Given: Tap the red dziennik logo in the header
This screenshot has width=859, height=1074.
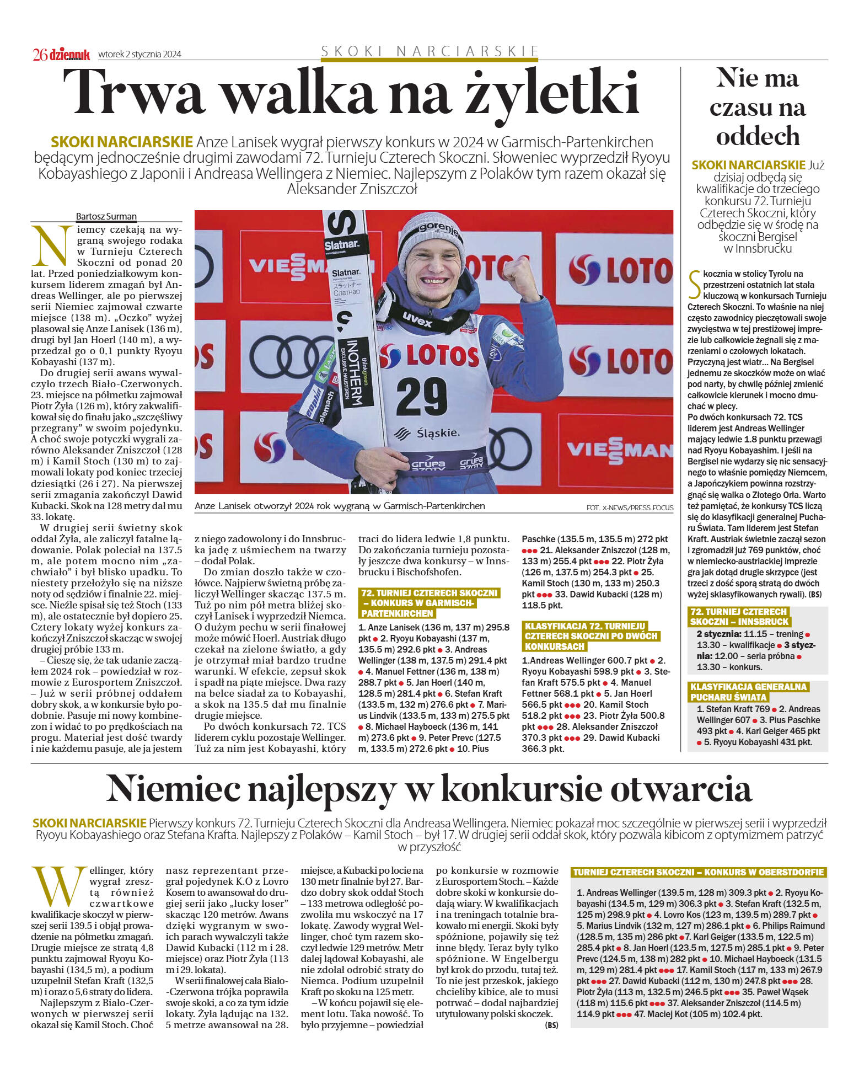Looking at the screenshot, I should [x=69, y=54].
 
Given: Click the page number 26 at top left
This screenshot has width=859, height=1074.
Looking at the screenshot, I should [x=40, y=54].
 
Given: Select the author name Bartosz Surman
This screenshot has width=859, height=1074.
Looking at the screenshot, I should [x=106, y=216].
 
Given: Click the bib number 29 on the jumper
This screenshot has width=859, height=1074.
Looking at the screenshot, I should [x=421, y=395].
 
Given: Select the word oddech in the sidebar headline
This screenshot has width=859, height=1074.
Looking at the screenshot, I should [x=757, y=136].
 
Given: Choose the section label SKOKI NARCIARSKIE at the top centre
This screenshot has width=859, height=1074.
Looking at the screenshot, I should [x=429, y=51].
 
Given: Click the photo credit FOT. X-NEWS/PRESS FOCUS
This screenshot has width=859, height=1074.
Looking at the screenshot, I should [x=629, y=507].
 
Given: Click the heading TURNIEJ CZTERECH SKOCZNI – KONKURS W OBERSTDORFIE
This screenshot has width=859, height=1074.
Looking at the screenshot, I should [x=699, y=872].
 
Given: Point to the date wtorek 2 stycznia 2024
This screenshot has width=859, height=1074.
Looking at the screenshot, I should [x=139, y=54].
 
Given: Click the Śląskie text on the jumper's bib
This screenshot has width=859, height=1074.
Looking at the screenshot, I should [x=438, y=432].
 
